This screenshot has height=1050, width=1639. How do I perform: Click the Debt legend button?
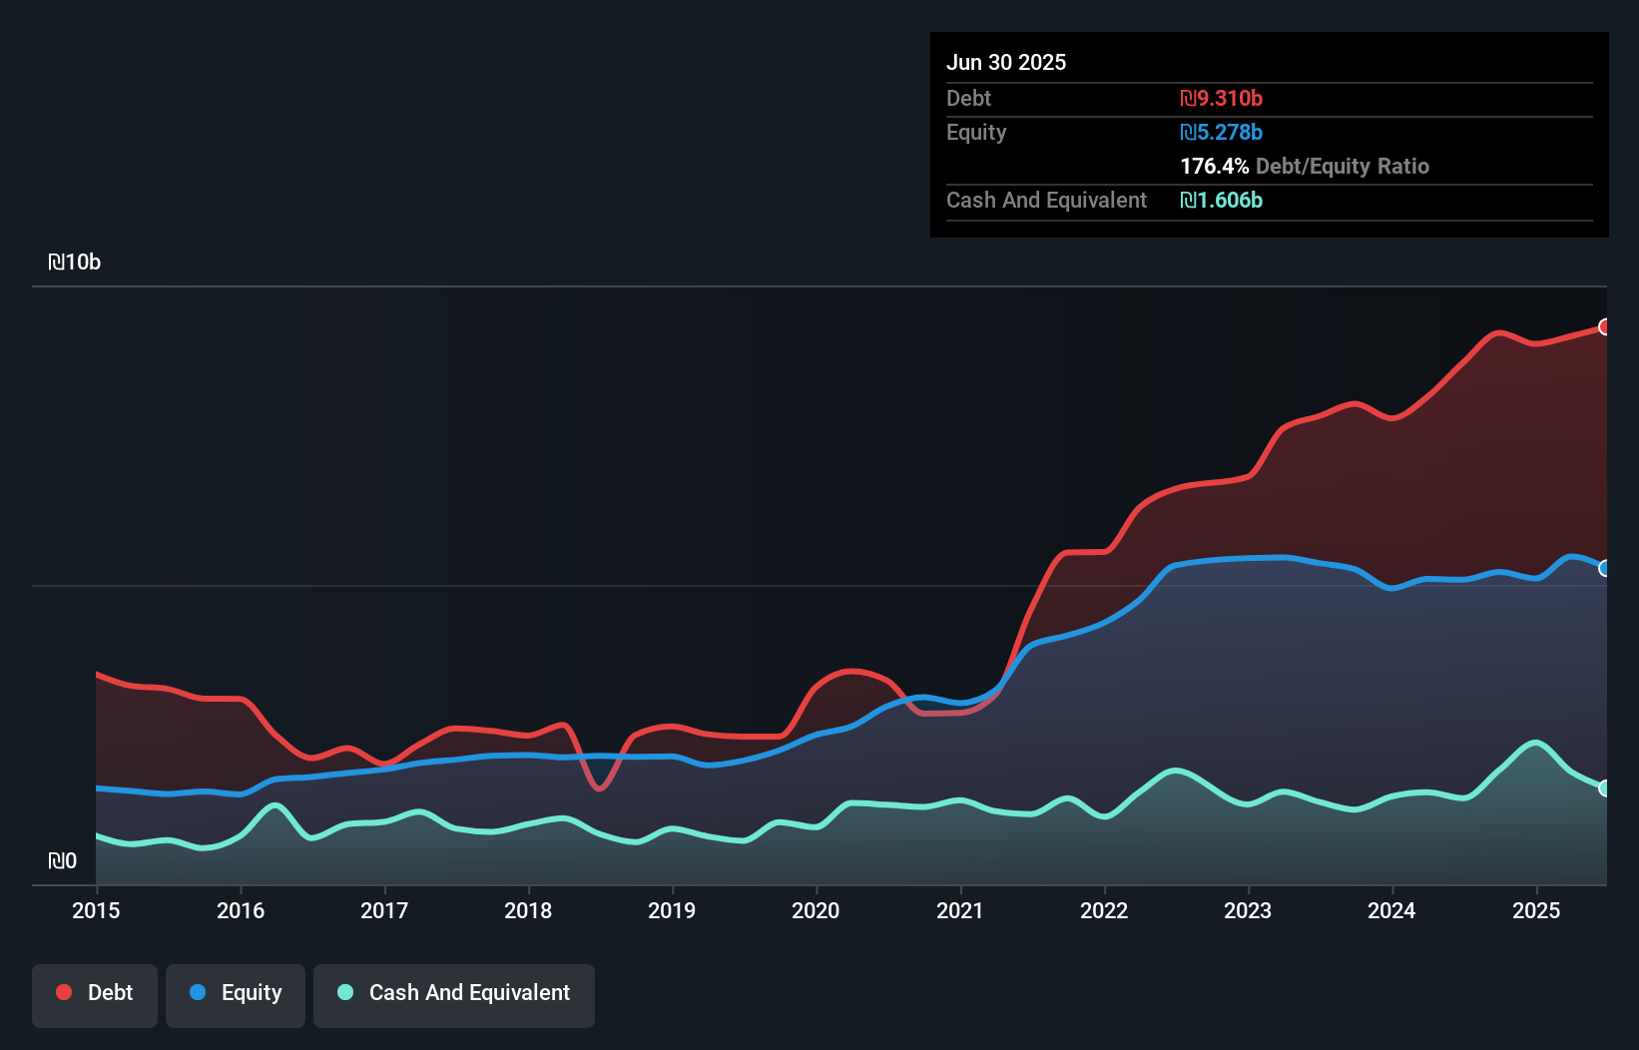click(95, 993)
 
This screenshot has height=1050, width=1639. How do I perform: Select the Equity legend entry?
click(236, 993)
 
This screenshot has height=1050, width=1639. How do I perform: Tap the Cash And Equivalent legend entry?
click(454, 993)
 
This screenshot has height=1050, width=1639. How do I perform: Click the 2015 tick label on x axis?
click(96, 910)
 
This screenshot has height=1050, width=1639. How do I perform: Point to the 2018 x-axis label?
click(528, 910)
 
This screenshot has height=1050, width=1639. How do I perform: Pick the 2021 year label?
click(960, 910)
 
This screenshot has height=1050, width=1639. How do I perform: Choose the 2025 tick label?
click(1536, 910)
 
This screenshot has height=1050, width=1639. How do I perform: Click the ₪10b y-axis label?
click(75, 262)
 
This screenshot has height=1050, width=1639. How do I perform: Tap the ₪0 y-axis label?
click(63, 861)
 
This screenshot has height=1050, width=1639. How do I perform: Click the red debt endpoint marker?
click(1605, 327)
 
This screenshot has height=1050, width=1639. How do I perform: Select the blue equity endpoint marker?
click(1605, 568)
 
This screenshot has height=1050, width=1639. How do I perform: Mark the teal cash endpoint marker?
click(1605, 788)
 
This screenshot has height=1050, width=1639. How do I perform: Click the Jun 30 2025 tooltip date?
click(1006, 63)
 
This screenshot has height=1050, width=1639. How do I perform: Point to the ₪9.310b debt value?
click(1221, 99)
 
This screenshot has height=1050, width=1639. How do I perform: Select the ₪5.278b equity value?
click(1221, 133)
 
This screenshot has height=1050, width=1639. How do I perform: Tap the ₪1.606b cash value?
click(1221, 201)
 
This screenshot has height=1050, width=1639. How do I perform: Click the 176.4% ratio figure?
click(1214, 167)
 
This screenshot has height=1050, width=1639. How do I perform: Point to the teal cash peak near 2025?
click(1535, 743)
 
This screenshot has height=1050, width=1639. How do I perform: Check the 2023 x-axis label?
click(1248, 910)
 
